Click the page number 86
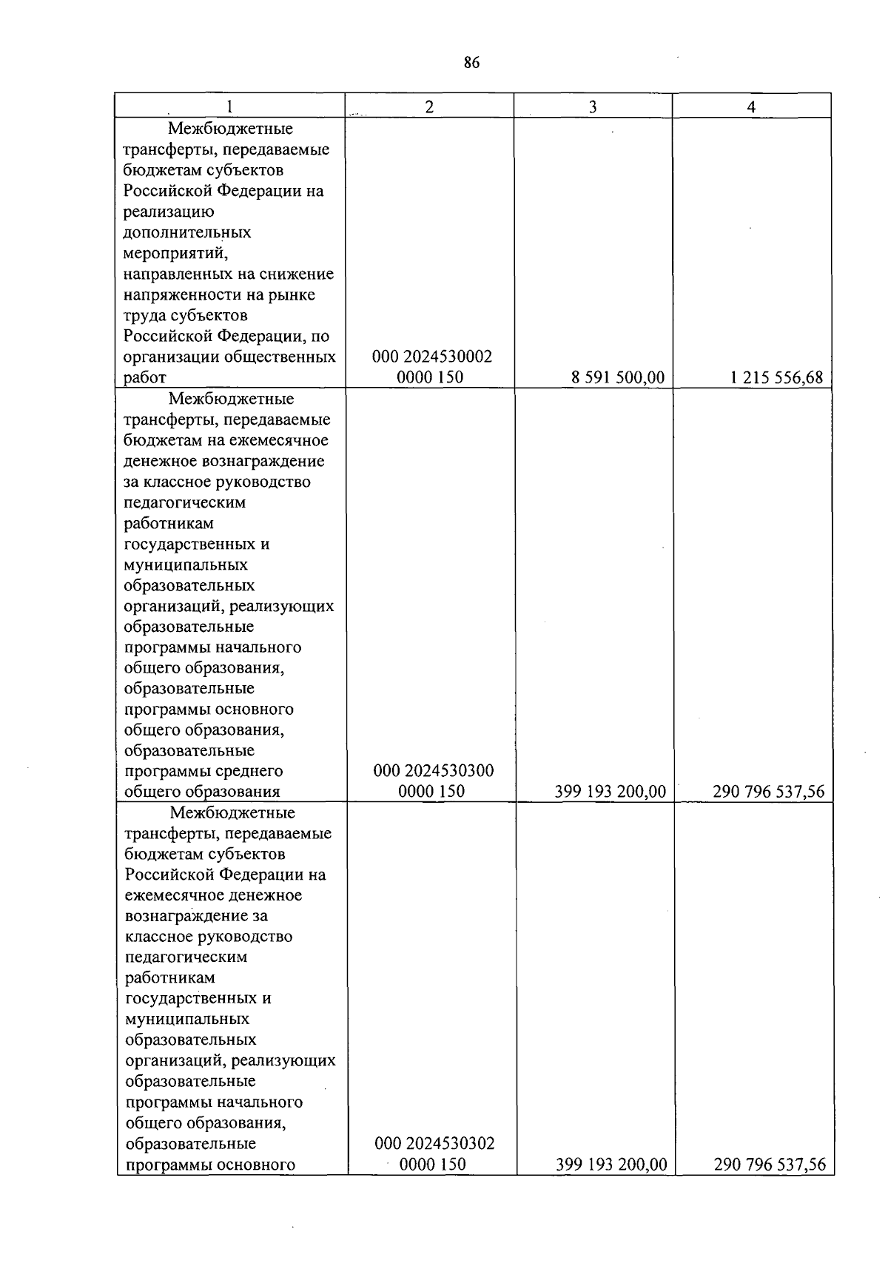[471, 63]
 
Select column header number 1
[229, 107]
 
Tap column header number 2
[429, 107]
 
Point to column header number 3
[593, 107]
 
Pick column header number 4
[751, 107]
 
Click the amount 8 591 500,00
[618, 378]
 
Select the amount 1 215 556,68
[776, 378]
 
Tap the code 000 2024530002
[432, 357]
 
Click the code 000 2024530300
[434, 771]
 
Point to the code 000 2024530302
[434, 1144]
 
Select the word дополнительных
[187, 233]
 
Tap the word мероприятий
[175, 254]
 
